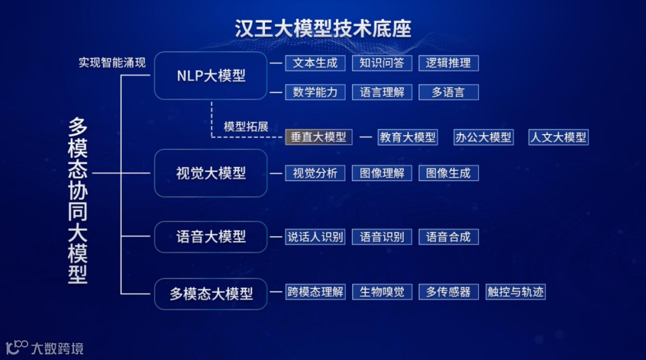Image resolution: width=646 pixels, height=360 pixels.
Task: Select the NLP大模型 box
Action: pos(211,76)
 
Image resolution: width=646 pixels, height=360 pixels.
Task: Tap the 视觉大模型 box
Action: pos(211,173)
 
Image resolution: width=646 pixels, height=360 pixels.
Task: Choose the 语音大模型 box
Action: pos(211,237)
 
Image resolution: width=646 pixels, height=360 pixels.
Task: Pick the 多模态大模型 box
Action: pos(211,294)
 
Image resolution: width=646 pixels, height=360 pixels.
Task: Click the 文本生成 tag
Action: pos(315,63)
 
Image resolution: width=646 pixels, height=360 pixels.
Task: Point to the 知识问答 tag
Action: pos(382,63)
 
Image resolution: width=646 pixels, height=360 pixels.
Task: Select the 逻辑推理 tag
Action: pos(449,63)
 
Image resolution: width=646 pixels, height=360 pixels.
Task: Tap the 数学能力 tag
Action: pos(315,92)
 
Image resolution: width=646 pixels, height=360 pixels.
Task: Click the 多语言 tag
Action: pos(449,92)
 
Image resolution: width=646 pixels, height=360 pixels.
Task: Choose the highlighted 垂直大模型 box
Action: pos(319,137)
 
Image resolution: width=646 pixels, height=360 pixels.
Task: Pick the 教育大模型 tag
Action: pos(408,137)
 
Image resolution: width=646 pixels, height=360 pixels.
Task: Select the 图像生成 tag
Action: pos(449,173)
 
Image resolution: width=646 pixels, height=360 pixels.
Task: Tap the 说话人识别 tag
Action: pos(315,237)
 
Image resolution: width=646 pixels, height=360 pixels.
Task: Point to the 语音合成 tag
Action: pos(449,237)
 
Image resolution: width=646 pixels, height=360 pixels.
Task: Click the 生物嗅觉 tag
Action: pos(382,292)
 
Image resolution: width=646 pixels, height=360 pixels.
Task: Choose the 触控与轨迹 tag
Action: pos(516,292)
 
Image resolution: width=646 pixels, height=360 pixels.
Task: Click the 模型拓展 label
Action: pos(246,127)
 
